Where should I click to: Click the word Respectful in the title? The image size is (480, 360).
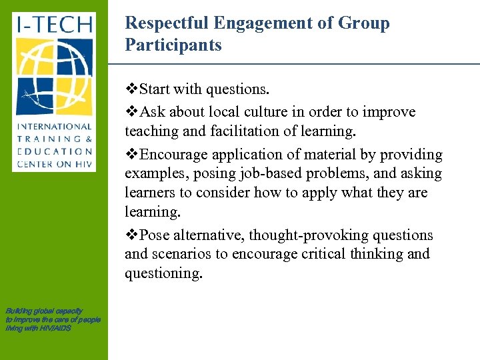click(167, 23)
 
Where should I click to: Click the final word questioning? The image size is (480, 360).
click(163, 273)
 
